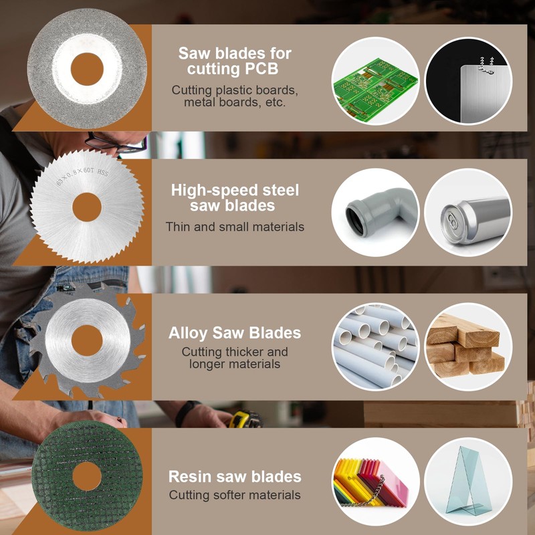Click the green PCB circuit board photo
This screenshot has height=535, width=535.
[x=375, y=81]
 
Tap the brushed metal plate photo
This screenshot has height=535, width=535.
[x=468, y=81]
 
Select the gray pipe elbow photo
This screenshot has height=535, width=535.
[x=375, y=212]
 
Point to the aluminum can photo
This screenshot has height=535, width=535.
[x=468, y=212]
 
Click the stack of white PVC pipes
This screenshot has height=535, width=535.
[x=375, y=346]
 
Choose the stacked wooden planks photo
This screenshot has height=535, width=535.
[x=468, y=346]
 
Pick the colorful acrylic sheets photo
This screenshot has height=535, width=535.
[x=375, y=481]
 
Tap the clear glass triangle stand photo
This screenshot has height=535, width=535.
[x=468, y=481]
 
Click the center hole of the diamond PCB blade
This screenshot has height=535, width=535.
[x=87, y=69]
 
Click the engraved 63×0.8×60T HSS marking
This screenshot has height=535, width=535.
[x=82, y=176]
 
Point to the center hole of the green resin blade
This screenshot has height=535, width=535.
[x=87, y=476]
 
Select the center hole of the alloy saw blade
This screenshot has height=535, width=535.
[x=87, y=340]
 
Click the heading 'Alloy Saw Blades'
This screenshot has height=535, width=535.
[x=235, y=333]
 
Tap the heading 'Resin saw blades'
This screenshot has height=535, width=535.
[x=235, y=477]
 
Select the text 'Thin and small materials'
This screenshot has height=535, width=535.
[x=235, y=227]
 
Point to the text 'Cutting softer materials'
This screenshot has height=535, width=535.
[x=235, y=495]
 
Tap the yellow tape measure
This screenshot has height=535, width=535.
[x=244, y=420]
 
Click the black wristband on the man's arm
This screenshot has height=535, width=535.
[x=186, y=413]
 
